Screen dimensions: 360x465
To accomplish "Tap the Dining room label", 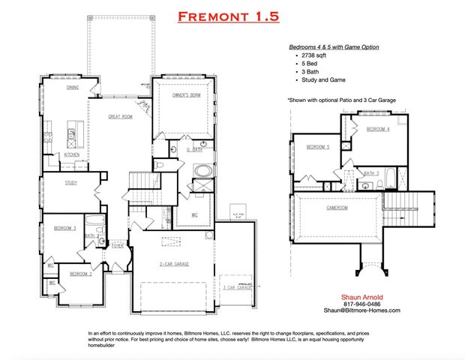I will click(x=72, y=88).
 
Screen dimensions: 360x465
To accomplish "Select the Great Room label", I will click(x=121, y=116).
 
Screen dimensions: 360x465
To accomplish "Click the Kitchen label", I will click(x=72, y=154).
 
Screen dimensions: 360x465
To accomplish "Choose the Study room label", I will click(x=71, y=182).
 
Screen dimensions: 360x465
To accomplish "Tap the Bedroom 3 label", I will click(x=64, y=227).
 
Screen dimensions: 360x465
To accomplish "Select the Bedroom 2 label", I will click(x=81, y=274).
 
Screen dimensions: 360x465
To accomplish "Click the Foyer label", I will click(x=118, y=245).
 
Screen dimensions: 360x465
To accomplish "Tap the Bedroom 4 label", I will click(x=378, y=129).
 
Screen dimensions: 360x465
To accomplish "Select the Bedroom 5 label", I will click(x=318, y=147).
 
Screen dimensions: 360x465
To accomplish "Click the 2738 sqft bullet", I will click(x=315, y=56).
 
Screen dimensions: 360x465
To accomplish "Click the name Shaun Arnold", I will click(x=361, y=296).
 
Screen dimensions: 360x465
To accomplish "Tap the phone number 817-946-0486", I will click(x=361, y=303).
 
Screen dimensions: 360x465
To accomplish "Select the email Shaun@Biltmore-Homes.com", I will click(x=361, y=310).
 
